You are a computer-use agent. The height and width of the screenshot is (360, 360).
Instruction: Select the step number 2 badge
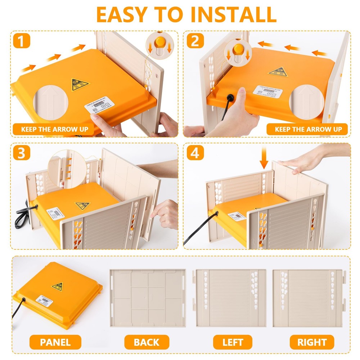[x=195, y=42]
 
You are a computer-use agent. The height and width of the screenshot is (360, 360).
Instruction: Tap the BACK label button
[x=147, y=342]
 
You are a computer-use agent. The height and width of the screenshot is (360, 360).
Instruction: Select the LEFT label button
[x=233, y=342]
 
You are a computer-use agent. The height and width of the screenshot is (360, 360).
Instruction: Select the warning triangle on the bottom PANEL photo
[x=58, y=287]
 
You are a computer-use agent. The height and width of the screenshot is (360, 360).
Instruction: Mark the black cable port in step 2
[x=229, y=97]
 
